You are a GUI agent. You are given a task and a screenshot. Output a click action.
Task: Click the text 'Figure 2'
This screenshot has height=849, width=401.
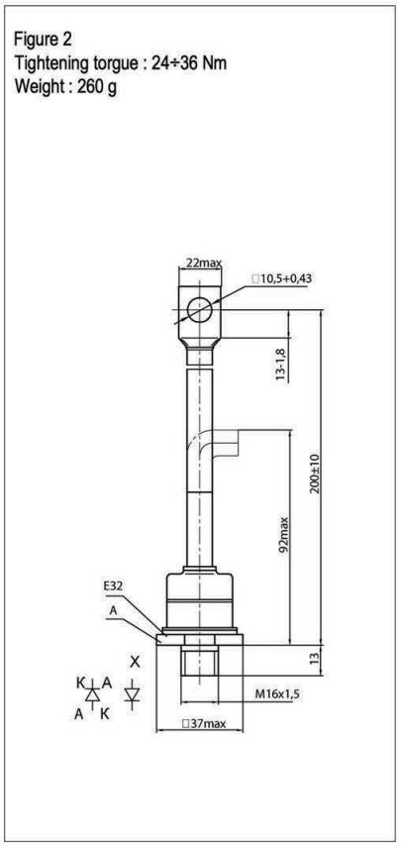(43, 40)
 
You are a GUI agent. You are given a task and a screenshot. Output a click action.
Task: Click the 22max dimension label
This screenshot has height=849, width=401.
(204, 264)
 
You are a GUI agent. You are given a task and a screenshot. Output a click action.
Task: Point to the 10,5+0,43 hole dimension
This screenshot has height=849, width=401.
(282, 279)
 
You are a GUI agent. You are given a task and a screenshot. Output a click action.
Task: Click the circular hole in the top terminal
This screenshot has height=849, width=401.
(199, 310)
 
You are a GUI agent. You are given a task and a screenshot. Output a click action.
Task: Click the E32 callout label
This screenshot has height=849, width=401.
(113, 585)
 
